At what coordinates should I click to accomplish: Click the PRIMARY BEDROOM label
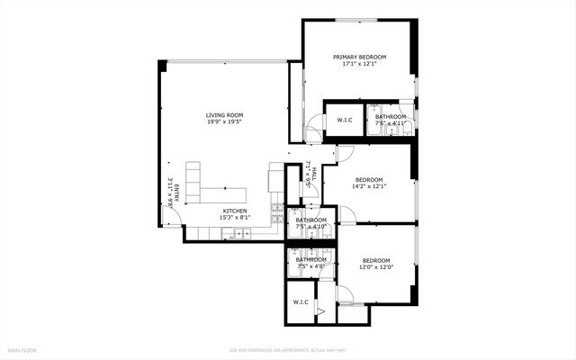pos(358,57)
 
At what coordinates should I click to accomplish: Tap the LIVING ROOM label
pos(224,115)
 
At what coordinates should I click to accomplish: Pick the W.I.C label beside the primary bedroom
pos(344,120)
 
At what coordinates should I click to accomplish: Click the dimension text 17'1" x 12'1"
pos(358,64)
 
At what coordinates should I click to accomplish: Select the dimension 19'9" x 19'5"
pos(224,122)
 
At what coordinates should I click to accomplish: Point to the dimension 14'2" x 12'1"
pos(369,186)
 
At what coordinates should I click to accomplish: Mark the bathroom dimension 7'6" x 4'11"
pos(391,123)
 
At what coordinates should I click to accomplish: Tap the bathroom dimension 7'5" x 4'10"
pos(311,226)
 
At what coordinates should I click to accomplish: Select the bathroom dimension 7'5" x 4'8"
pos(311,266)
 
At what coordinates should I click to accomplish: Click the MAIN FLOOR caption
pos(22,349)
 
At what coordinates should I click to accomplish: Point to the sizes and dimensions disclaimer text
pos(287,349)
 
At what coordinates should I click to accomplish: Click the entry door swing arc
pos(175,219)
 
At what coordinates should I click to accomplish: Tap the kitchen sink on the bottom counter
pos(242,234)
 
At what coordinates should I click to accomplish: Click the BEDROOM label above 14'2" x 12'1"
pos(369,179)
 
